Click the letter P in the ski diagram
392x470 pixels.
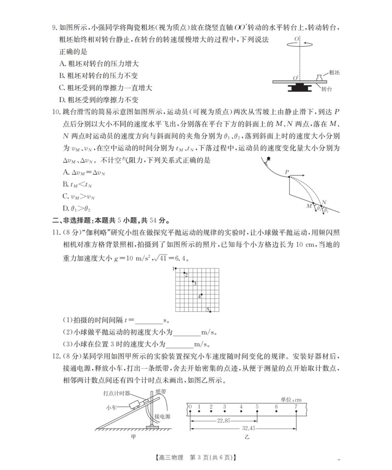click(287, 171)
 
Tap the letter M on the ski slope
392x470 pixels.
click(309, 206)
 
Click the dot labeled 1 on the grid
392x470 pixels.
click(176, 268)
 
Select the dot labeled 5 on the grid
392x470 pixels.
click(210, 311)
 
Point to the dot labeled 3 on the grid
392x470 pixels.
click(193, 282)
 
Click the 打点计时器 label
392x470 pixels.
click(116, 393)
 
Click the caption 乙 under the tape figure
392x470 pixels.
click(247, 436)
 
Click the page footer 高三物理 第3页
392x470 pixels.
click(196, 457)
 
